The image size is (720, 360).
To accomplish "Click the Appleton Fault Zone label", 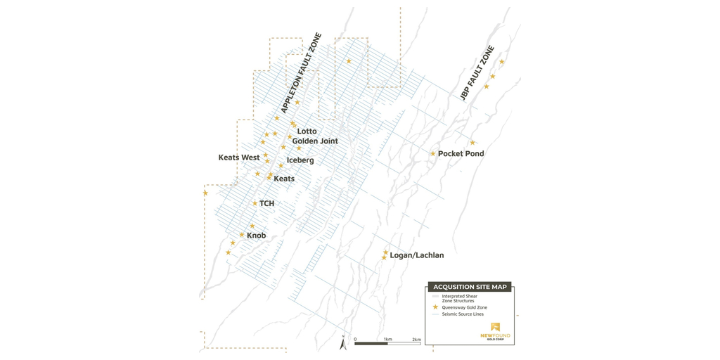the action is [301, 73].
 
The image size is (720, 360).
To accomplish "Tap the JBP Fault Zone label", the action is [477, 73].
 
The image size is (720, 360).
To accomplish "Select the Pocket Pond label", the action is [461, 153].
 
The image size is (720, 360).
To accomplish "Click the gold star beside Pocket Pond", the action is [433, 153].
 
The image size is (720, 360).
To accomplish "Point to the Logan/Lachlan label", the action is [416, 255].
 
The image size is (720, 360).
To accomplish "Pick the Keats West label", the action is [239, 157].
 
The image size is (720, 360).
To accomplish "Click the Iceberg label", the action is [300, 160].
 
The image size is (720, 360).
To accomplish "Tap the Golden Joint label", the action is [315, 141].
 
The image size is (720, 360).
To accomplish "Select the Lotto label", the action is [307, 131].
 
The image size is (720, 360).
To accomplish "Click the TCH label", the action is [266, 204].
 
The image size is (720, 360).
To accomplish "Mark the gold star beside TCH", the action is [255, 204].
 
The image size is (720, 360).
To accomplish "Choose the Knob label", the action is [256, 236].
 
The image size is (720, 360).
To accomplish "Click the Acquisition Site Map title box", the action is [470, 287].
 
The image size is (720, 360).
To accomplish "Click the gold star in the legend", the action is [435, 307].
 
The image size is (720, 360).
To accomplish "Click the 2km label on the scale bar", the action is [416, 339].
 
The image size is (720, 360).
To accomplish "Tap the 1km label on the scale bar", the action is [387, 339].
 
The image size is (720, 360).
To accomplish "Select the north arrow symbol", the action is [343, 343].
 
